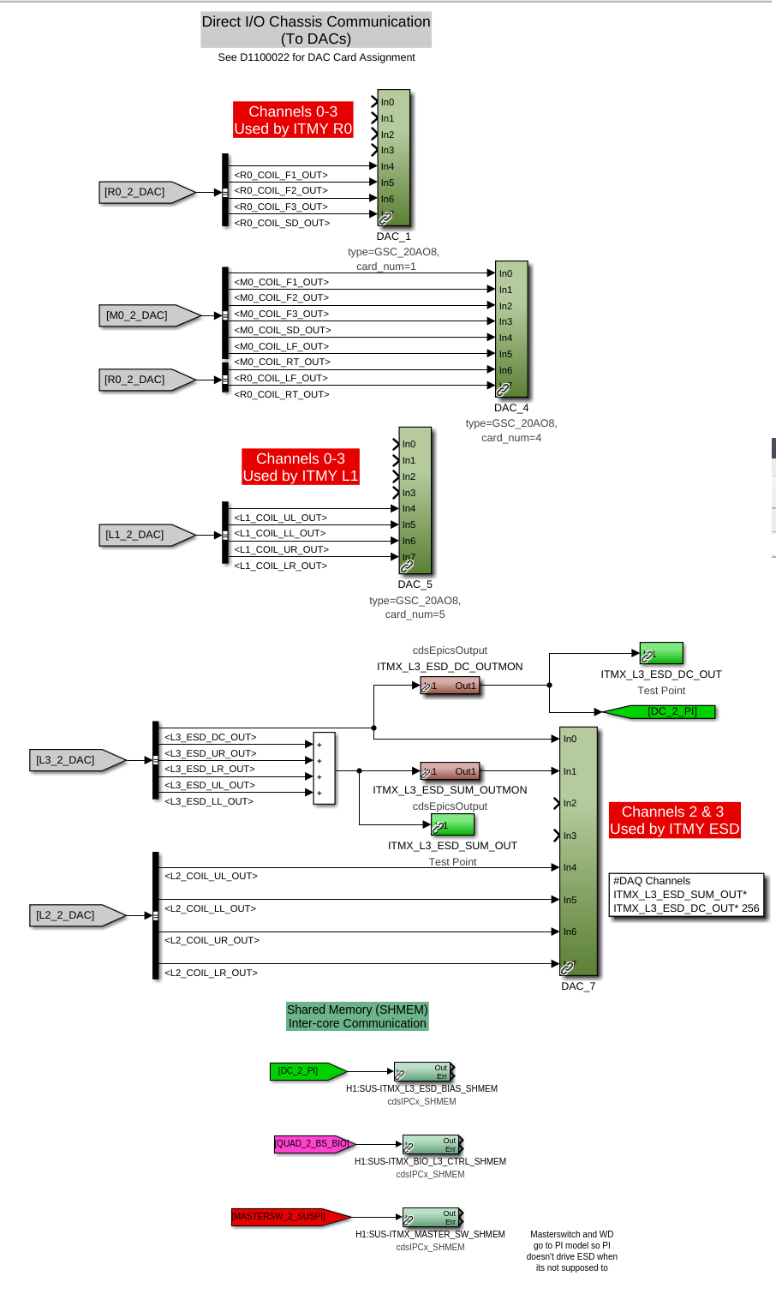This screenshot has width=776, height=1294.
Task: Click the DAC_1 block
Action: click(394, 158)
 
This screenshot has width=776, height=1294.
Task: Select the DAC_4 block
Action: click(512, 329)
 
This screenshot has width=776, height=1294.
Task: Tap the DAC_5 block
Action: click(415, 500)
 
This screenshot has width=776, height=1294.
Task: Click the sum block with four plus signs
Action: click(324, 768)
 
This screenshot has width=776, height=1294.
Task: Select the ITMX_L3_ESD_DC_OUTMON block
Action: click(449, 686)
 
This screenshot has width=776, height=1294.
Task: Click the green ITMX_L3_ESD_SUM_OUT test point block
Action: click(452, 824)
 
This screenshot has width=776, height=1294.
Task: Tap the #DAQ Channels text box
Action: click(686, 895)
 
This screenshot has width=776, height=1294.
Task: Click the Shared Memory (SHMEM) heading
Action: click(357, 1016)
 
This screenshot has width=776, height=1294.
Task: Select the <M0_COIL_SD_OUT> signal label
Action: click(282, 330)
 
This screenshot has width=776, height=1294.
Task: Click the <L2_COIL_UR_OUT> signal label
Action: click(211, 940)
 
